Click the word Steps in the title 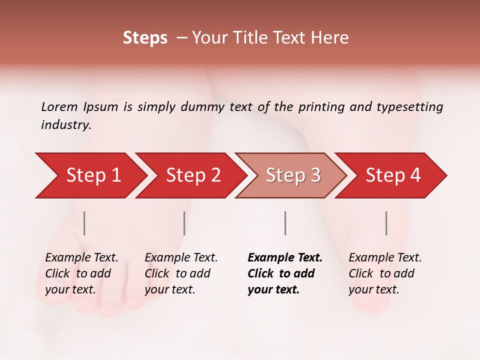[145, 38]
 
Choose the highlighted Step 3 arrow [292, 175]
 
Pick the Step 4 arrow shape [392, 175]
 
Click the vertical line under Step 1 [84, 223]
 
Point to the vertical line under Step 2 [184, 223]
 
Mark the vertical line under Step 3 [285, 223]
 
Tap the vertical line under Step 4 [386, 223]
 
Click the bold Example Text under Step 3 [285, 273]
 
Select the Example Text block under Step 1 [81, 273]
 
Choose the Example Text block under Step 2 [181, 273]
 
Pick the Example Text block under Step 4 [385, 273]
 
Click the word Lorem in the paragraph [59, 107]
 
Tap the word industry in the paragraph [66, 125]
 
